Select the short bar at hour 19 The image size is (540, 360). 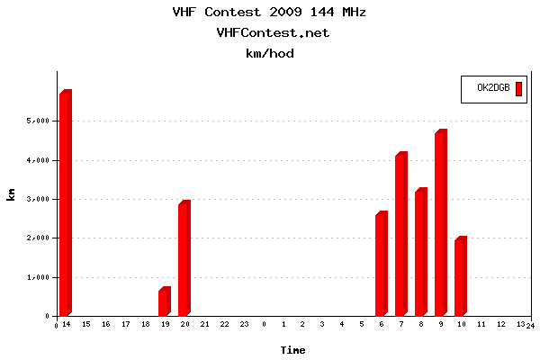click(x=164, y=302)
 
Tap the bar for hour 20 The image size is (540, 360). click(x=184, y=259)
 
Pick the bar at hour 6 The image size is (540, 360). click(x=381, y=265)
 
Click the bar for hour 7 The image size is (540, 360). click(x=400, y=235)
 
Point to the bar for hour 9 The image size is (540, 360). click(x=440, y=224)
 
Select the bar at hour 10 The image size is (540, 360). click(x=460, y=277)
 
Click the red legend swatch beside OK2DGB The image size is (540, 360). click(x=518, y=88)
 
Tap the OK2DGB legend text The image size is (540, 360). click(x=493, y=88)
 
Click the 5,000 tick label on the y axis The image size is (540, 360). click(x=38, y=121)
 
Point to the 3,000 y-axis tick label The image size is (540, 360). click(x=38, y=199)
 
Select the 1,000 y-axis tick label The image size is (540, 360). click(x=38, y=277)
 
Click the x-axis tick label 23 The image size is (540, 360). click(x=244, y=324)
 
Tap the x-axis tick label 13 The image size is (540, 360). click(x=519, y=324)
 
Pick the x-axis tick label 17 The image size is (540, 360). click(x=126, y=324)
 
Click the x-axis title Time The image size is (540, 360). click(x=292, y=349)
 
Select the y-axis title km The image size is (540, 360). click(x=12, y=194)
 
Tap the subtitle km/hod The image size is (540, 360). click(x=270, y=53)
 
